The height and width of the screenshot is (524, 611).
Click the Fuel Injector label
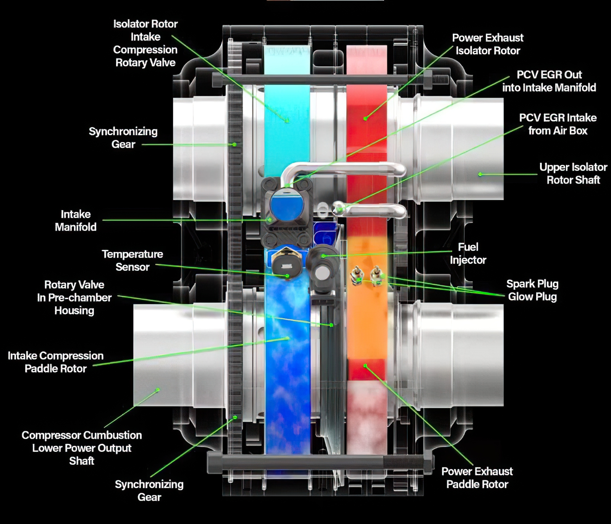(468, 254)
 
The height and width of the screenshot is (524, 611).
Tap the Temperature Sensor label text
(132, 260)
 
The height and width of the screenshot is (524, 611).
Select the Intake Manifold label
(76, 221)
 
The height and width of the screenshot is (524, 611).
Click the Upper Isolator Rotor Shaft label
(573, 173)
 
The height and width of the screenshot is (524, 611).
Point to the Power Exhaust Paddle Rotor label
(477, 478)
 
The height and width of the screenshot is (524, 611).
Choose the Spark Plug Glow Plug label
(532, 290)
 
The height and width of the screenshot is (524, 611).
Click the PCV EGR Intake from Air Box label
(558, 124)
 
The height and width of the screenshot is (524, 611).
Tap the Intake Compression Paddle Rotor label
(56, 362)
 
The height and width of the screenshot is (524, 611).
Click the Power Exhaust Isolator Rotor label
(488, 44)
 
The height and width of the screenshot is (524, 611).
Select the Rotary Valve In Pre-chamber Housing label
(74, 298)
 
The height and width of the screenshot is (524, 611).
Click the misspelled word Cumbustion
(112, 435)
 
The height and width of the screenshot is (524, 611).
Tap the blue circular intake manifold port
(287, 207)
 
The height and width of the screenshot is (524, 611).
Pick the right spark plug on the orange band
(377, 275)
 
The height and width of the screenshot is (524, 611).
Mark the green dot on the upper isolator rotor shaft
(480, 175)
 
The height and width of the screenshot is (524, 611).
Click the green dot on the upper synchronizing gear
(234, 144)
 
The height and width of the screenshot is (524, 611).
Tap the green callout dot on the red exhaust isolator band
(365, 118)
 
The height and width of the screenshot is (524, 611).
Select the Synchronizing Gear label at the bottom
(149, 491)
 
